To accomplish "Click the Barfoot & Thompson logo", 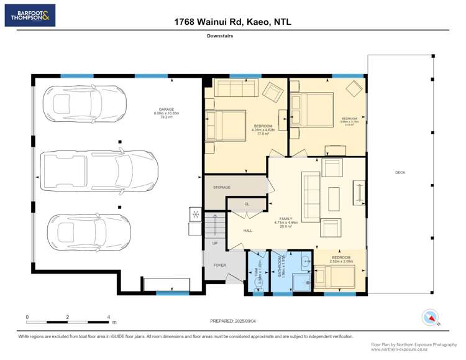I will [x=30, y=15].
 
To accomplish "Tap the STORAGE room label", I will [x=222, y=187].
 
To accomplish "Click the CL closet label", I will [x=246, y=203].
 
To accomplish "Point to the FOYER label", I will [x=220, y=265].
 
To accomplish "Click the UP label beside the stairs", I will [x=215, y=242].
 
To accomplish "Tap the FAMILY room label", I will [x=286, y=219].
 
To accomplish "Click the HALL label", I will [x=248, y=230].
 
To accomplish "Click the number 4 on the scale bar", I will [x=109, y=316].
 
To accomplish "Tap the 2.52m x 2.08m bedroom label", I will [x=340, y=259].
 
